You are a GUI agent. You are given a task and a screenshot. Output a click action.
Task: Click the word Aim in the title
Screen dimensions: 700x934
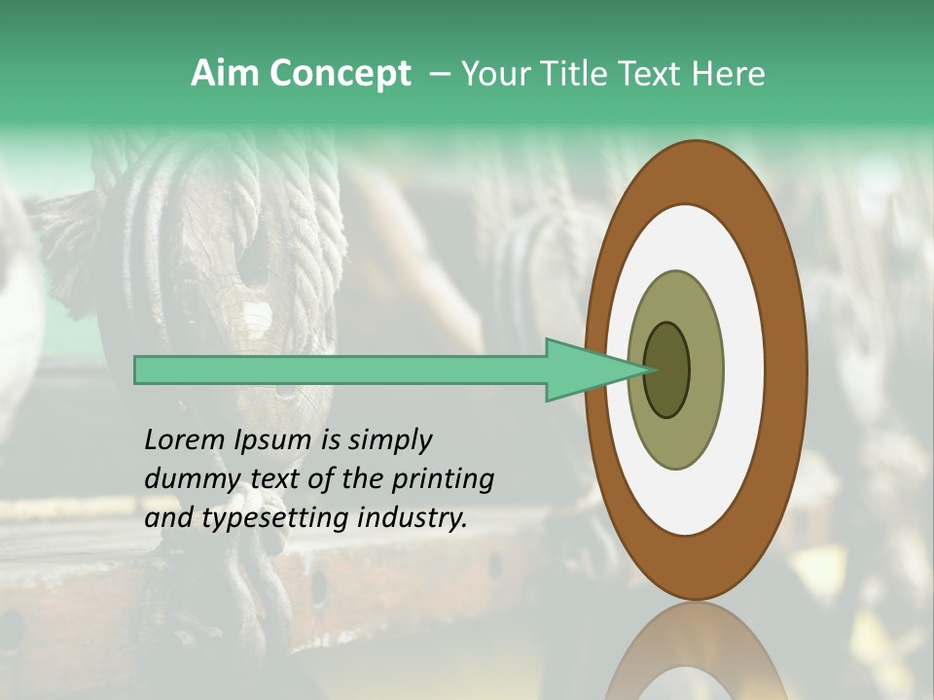point(227,73)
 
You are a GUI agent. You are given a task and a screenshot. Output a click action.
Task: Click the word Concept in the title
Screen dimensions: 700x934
point(341,73)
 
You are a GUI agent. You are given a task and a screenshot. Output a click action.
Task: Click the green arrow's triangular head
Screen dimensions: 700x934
point(584,370)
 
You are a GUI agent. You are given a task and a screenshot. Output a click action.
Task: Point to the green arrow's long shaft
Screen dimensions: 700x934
point(341,370)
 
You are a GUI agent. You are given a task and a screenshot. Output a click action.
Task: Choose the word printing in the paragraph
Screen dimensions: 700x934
point(442,479)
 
